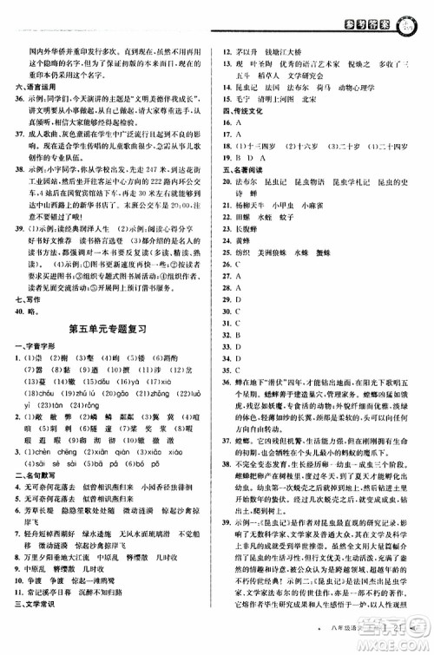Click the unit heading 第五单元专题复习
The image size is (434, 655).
106,328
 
